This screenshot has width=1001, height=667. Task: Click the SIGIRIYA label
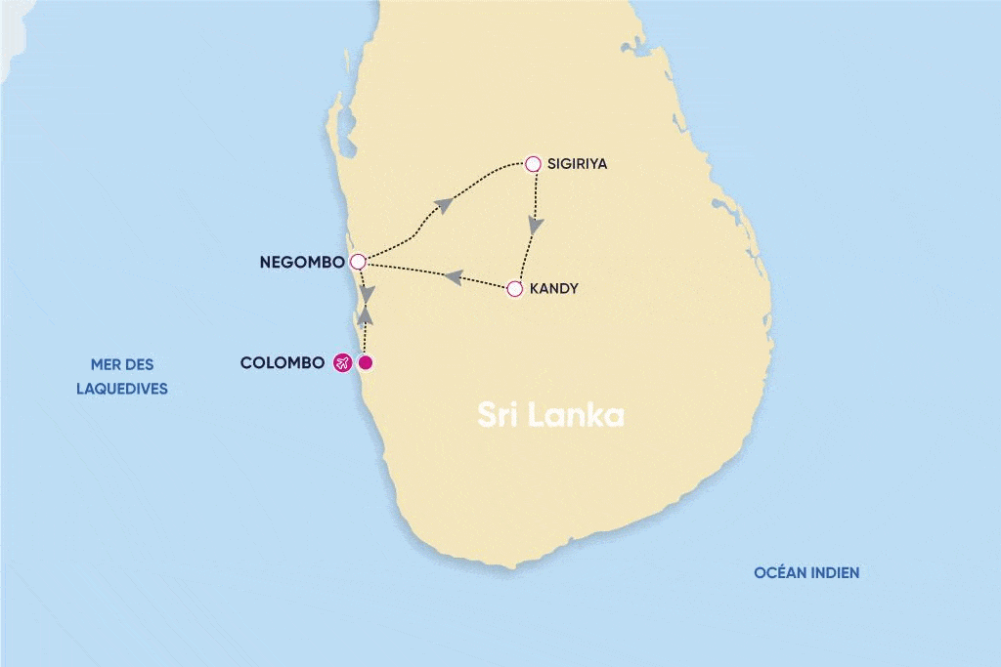coord(578,164)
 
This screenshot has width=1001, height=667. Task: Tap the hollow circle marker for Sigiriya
coord(533,164)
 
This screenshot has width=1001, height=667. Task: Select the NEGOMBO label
coord(302,263)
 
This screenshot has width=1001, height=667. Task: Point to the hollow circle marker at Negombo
coord(358,262)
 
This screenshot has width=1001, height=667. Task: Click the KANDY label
coord(554,289)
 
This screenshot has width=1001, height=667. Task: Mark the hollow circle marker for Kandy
coord(515,289)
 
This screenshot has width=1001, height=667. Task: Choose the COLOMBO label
coord(283,363)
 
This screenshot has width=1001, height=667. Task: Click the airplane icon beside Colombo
coord(342,363)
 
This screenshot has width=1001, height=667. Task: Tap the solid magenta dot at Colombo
coord(366,363)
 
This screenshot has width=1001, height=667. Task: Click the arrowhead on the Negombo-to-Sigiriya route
coord(444,204)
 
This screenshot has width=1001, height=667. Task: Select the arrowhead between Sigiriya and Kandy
coord(535,226)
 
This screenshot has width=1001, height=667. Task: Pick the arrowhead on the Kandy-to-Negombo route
coord(453,278)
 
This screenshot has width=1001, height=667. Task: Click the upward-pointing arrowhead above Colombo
coord(366,314)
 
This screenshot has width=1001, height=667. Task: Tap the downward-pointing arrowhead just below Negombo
coord(366,293)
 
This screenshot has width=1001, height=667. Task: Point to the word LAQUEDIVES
coord(122,389)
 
